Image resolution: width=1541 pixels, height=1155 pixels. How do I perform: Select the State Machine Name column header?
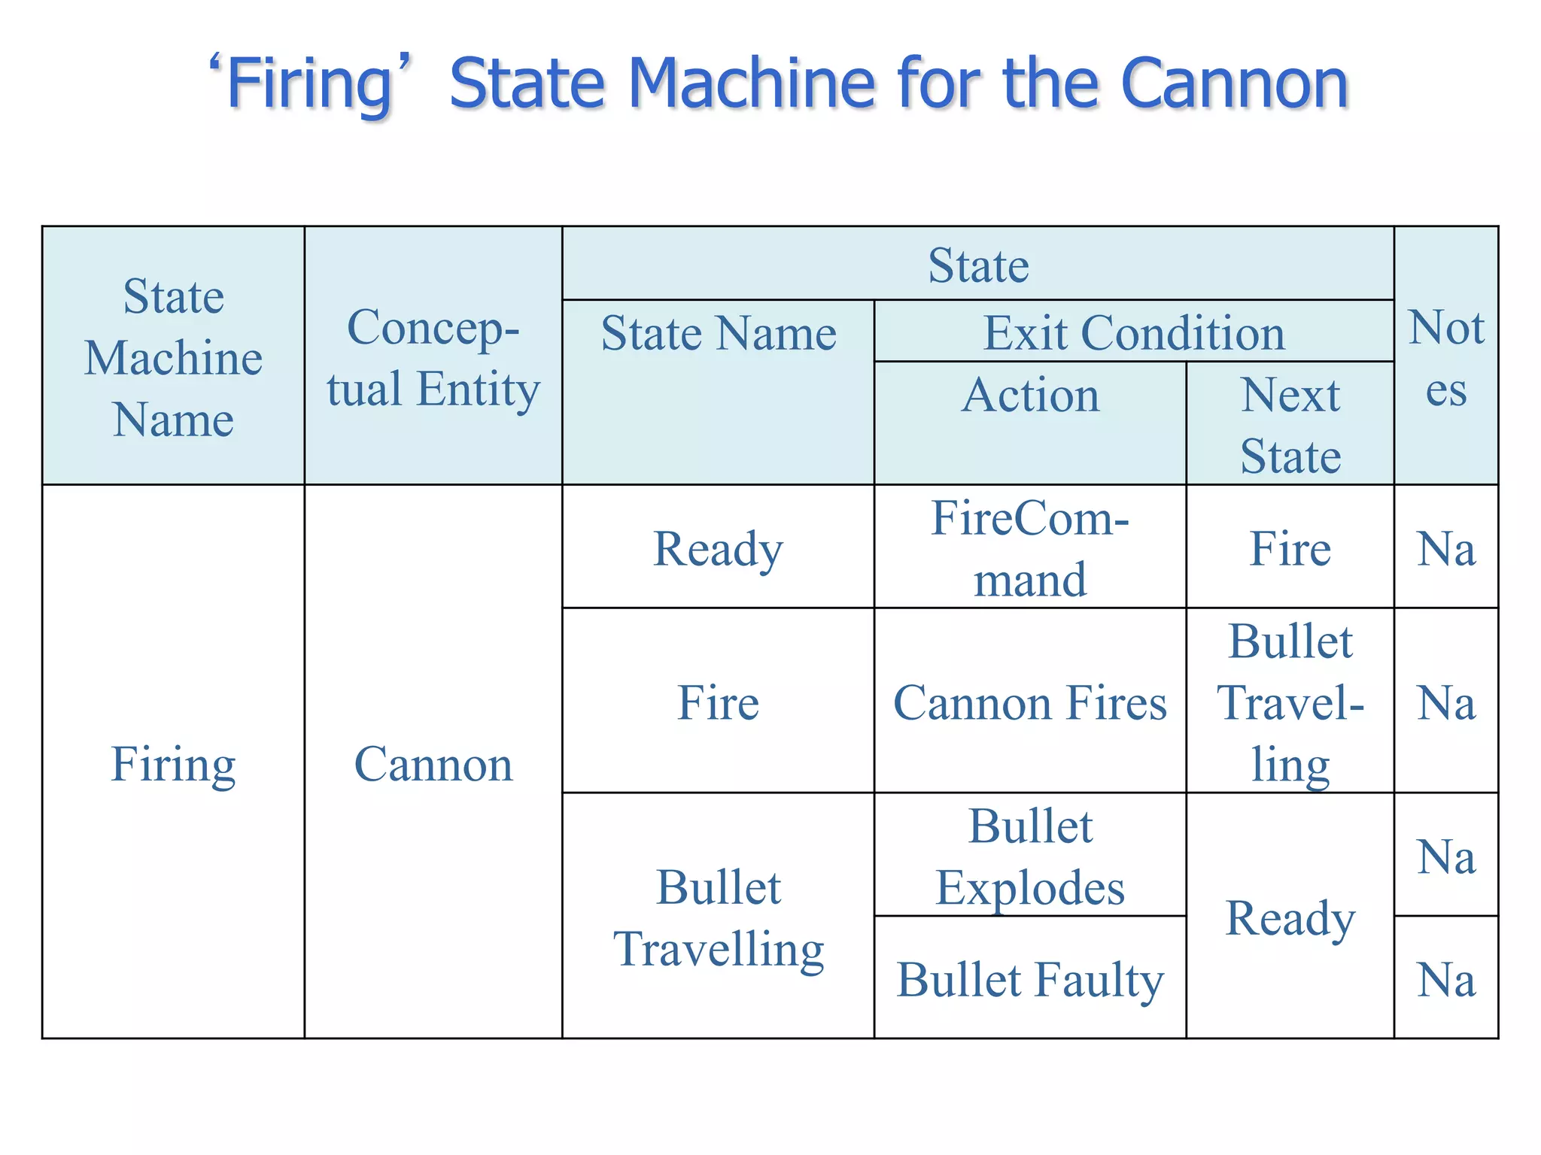coord(173,357)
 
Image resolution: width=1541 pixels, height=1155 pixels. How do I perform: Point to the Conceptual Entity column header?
coord(433,358)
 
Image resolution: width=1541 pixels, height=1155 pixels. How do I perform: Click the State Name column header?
coord(719,333)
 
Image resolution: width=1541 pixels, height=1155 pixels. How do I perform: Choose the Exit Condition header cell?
coord(1134,333)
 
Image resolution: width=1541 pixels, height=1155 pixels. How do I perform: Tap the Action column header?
coord(1030,396)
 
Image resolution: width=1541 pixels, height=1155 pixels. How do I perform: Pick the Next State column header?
coord(1290,425)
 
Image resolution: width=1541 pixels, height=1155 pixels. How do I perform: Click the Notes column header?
coord(1446,358)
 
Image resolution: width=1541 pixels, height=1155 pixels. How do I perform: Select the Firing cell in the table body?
coord(173,764)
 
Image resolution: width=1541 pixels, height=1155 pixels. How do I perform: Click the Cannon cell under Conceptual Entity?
coord(433,764)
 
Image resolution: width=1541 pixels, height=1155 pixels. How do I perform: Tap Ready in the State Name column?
coord(719,548)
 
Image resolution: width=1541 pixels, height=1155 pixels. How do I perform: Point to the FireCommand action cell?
coord(1030,548)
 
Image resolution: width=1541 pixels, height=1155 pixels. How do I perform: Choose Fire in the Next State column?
coord(1290,548)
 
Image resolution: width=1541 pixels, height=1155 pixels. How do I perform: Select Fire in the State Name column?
coord(719,702)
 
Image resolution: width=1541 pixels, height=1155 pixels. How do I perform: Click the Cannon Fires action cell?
coord(1030,702)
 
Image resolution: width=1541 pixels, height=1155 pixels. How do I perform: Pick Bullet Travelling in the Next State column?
coord(1290,702)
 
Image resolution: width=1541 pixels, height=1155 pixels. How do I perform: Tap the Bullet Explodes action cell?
coord(1030,856)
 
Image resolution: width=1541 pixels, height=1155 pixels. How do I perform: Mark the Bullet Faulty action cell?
coord(1030,979)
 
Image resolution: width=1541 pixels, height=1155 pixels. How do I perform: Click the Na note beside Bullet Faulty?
coord(1446,979)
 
